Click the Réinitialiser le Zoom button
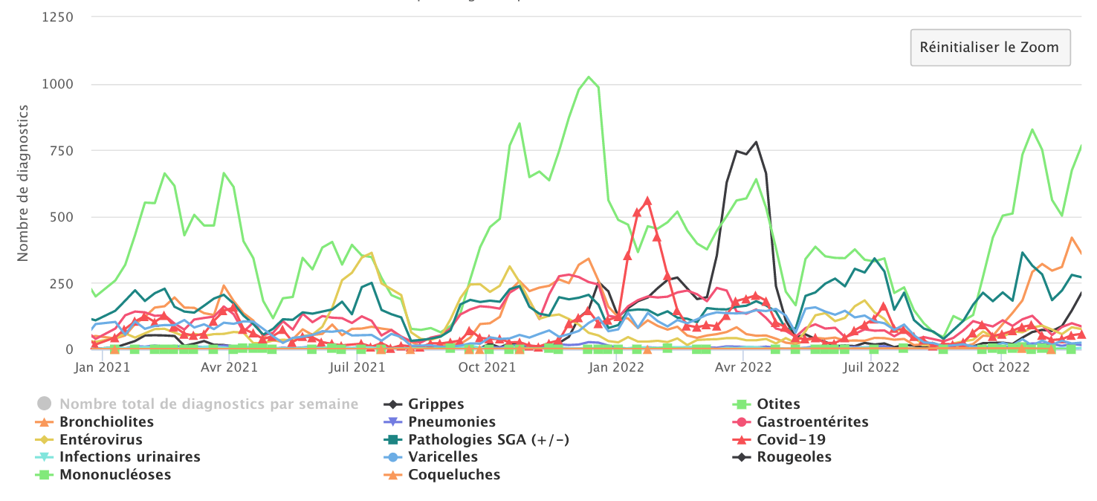pos(990,48)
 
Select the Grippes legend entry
pos(436,404)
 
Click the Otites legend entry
pos(778,404)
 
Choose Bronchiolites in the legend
pos(106,422)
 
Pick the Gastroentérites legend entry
pos(812,422)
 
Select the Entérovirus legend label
pos(101,440)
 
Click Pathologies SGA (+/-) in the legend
pos(488,440)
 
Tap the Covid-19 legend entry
pos(790,440)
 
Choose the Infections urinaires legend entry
pos(129,457)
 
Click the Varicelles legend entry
pos(443,457)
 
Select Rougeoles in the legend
pos(794,457)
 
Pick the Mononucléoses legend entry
pos(115,475)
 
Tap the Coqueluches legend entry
pos(454,475)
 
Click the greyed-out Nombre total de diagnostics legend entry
pos(208,404)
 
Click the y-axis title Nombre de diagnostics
pos(23,183)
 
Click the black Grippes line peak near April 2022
pos(756,142)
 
